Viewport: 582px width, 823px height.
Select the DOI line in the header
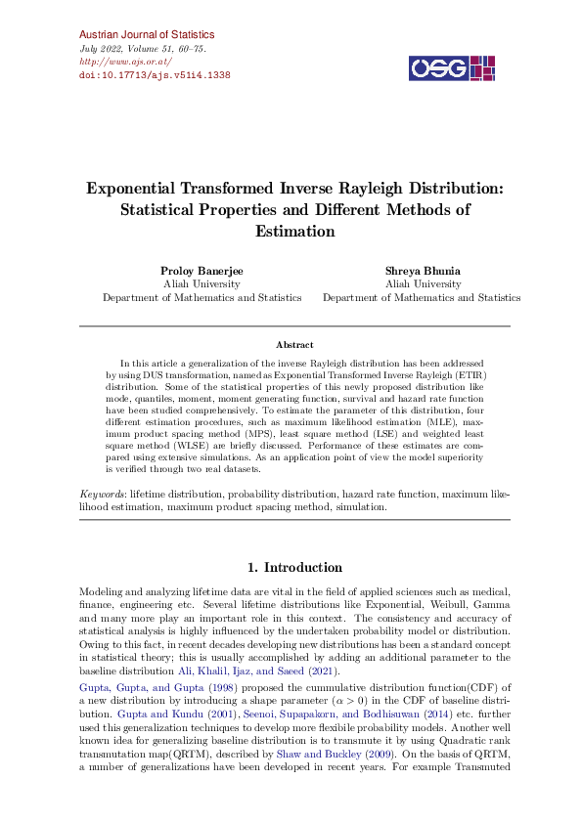tap(154, 74)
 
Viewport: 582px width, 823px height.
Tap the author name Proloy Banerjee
tap(201, 270)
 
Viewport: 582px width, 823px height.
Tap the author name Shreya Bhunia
tap(422, 270)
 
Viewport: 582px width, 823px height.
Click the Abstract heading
tap(294, 345)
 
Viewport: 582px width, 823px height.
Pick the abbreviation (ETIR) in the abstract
tap(469, 374)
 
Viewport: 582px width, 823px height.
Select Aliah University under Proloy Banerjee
tap(201, 283)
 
